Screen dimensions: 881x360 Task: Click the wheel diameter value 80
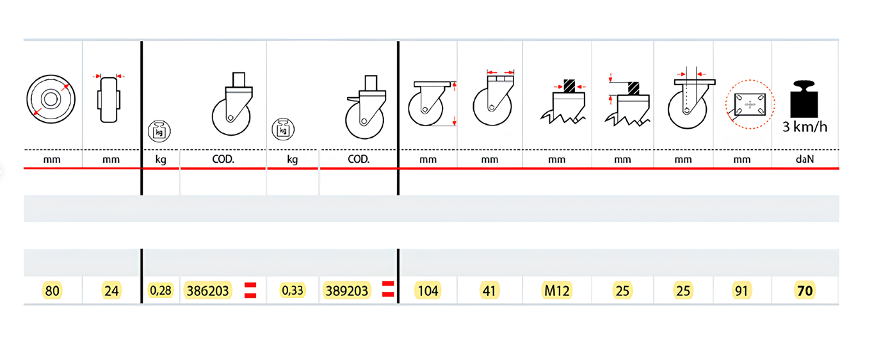tap(53, 291)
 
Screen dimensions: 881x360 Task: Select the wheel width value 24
tap(111, 291)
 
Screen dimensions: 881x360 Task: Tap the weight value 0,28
tap(161, 290)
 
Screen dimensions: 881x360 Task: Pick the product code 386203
tap(207, 291)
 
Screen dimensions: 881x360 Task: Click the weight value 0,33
tap(293, 290)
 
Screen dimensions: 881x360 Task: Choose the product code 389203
tap(346, 291)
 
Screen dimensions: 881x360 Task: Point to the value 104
tap(428, 291)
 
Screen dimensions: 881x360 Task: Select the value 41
tap(489, 291)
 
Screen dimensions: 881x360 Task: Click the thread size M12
tap(556, 291)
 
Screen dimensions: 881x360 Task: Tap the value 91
tap(741, 291)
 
